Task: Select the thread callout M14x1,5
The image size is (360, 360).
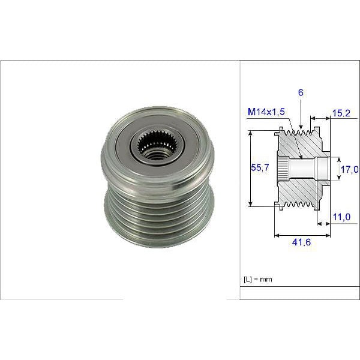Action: (266, 112)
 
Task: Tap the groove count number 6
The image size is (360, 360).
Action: (299, 93)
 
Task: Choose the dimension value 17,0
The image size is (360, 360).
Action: (350, 169)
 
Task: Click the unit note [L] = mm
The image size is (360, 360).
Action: (259, 280)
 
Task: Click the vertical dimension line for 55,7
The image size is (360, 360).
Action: (250, 169)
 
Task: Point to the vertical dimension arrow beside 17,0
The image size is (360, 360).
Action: (338, 169)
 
